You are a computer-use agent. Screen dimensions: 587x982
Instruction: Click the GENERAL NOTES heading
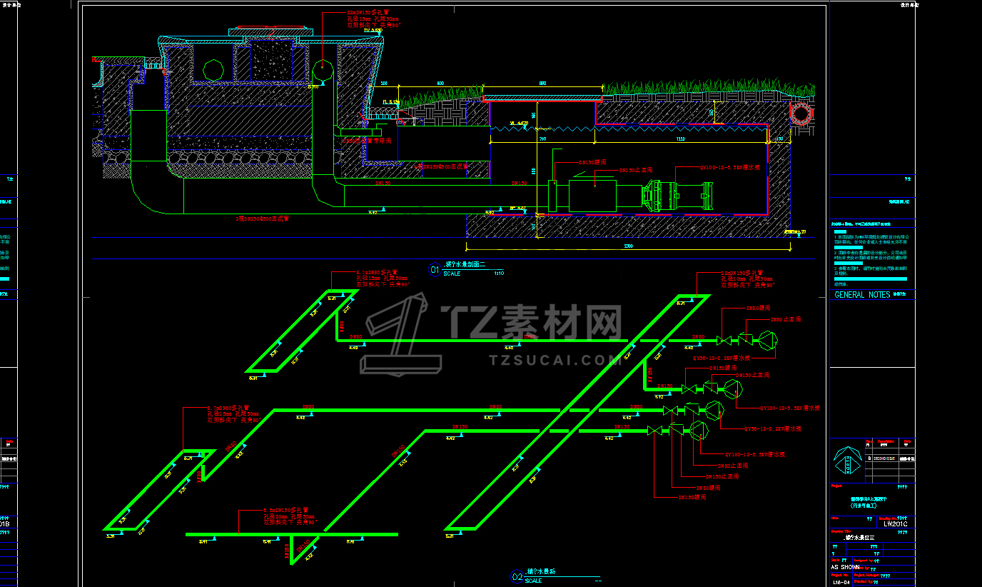click(862, 294)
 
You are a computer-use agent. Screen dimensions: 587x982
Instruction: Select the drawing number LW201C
click(896, 523)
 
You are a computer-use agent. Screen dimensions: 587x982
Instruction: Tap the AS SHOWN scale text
click(846, 566)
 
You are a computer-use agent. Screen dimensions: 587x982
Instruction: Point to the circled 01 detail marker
click(434, 270)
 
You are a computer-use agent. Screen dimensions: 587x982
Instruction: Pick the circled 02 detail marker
click(517, 576)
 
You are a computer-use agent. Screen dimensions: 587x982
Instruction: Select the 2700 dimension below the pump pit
click(629, 246)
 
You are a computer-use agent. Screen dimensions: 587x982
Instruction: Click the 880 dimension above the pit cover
click(542, 84)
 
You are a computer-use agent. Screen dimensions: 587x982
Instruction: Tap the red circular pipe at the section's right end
click(800, 113)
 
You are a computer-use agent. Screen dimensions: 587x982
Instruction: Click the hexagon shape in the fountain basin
click(213, 70)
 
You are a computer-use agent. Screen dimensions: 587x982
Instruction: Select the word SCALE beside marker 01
click(452, 274)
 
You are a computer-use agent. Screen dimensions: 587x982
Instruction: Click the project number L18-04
click(842, 582)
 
